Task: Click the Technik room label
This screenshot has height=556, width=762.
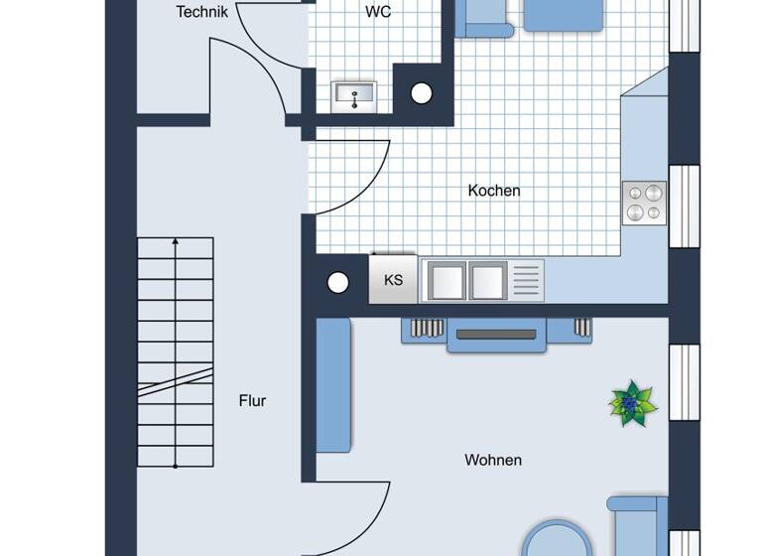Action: pos(202,12)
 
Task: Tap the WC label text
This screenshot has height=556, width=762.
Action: pos(378,12)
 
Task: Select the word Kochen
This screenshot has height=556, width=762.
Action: pos(494,191)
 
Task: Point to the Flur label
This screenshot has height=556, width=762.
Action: pos(252,401)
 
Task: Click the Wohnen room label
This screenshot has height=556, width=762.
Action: pos(493,460)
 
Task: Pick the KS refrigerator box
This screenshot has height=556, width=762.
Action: pos(394,279)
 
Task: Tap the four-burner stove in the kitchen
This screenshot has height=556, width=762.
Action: pos(644,203)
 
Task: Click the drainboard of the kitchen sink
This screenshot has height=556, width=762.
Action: pos(527,280)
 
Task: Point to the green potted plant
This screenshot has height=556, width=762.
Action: pos(632,403)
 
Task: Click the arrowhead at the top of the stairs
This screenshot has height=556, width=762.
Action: pos(176,241)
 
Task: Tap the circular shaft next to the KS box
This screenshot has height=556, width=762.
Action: pos(338,283)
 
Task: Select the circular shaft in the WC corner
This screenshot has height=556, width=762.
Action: pos(422,94)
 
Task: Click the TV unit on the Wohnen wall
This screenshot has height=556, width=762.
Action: pos(496,336)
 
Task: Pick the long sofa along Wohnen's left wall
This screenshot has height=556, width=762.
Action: pos(333,385)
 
